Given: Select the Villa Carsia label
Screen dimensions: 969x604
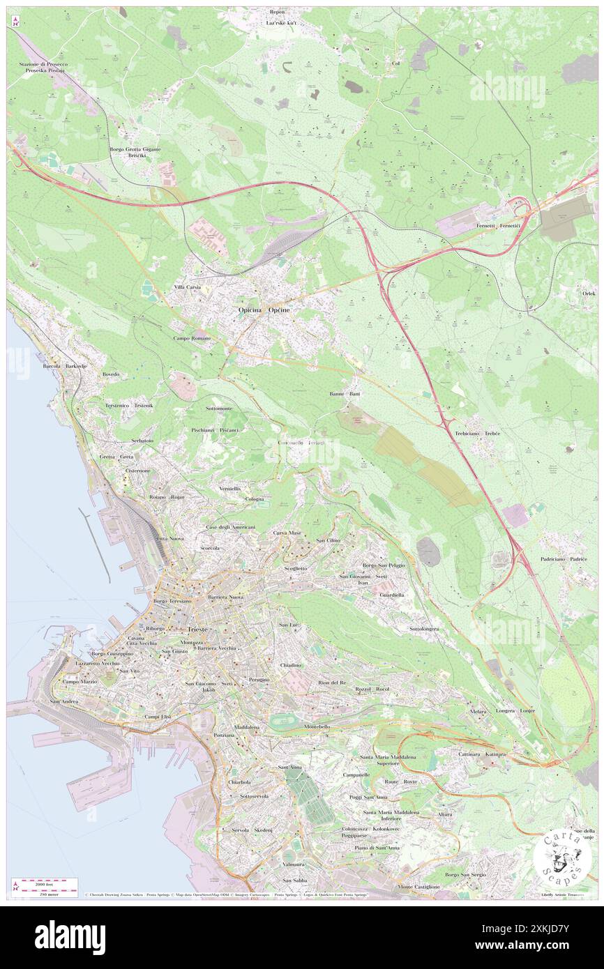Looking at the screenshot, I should pyautogui.click(x=187, y=287).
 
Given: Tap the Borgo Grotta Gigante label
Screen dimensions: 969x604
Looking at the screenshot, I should pyautogui.click(x=135, y=149).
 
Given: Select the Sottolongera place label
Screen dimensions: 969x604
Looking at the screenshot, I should pyautogui.click(x=424, y=629).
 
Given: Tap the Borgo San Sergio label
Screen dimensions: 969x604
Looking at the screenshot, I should pyautogui.click(x=465, y=874).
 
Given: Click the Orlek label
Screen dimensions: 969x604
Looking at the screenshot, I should pyautogui.click(x=589, y=293).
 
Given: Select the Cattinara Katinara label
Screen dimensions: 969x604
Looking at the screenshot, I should pyautogui.click(x=481, y=754).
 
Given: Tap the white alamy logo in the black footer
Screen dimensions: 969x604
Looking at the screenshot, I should pyautogui.click(x=70, y=937).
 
